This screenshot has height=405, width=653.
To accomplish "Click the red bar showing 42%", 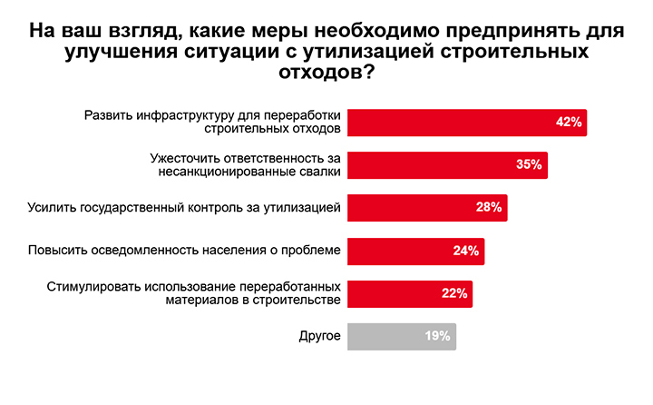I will [453, 123].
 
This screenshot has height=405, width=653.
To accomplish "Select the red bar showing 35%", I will [435, 164].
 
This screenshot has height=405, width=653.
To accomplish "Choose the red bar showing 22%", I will [399, 293].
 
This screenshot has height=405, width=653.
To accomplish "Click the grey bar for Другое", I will [390, 336].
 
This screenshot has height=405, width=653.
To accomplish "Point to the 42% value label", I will [569, 123].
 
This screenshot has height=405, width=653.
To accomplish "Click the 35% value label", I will [529, 164].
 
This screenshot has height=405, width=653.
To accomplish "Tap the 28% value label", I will [489, 207].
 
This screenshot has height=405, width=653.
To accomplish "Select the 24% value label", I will [466, 251].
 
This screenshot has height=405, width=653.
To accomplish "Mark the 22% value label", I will [454, 293].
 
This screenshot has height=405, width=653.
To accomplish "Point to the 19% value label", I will [438, 336].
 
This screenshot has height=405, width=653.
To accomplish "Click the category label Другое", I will [320, 336].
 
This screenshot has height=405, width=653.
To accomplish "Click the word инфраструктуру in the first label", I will [180, 115].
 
